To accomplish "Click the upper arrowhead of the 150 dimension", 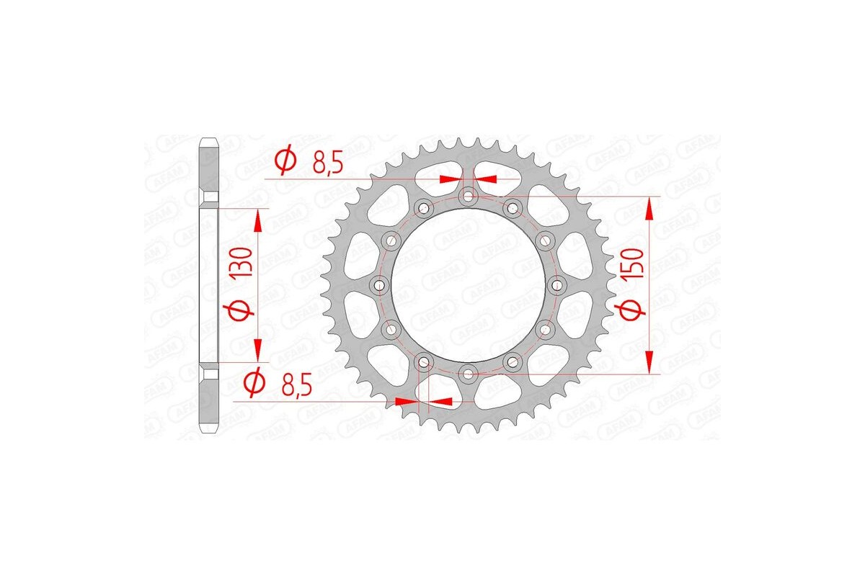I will coord(649,209).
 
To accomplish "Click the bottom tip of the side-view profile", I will coord(208,431).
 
